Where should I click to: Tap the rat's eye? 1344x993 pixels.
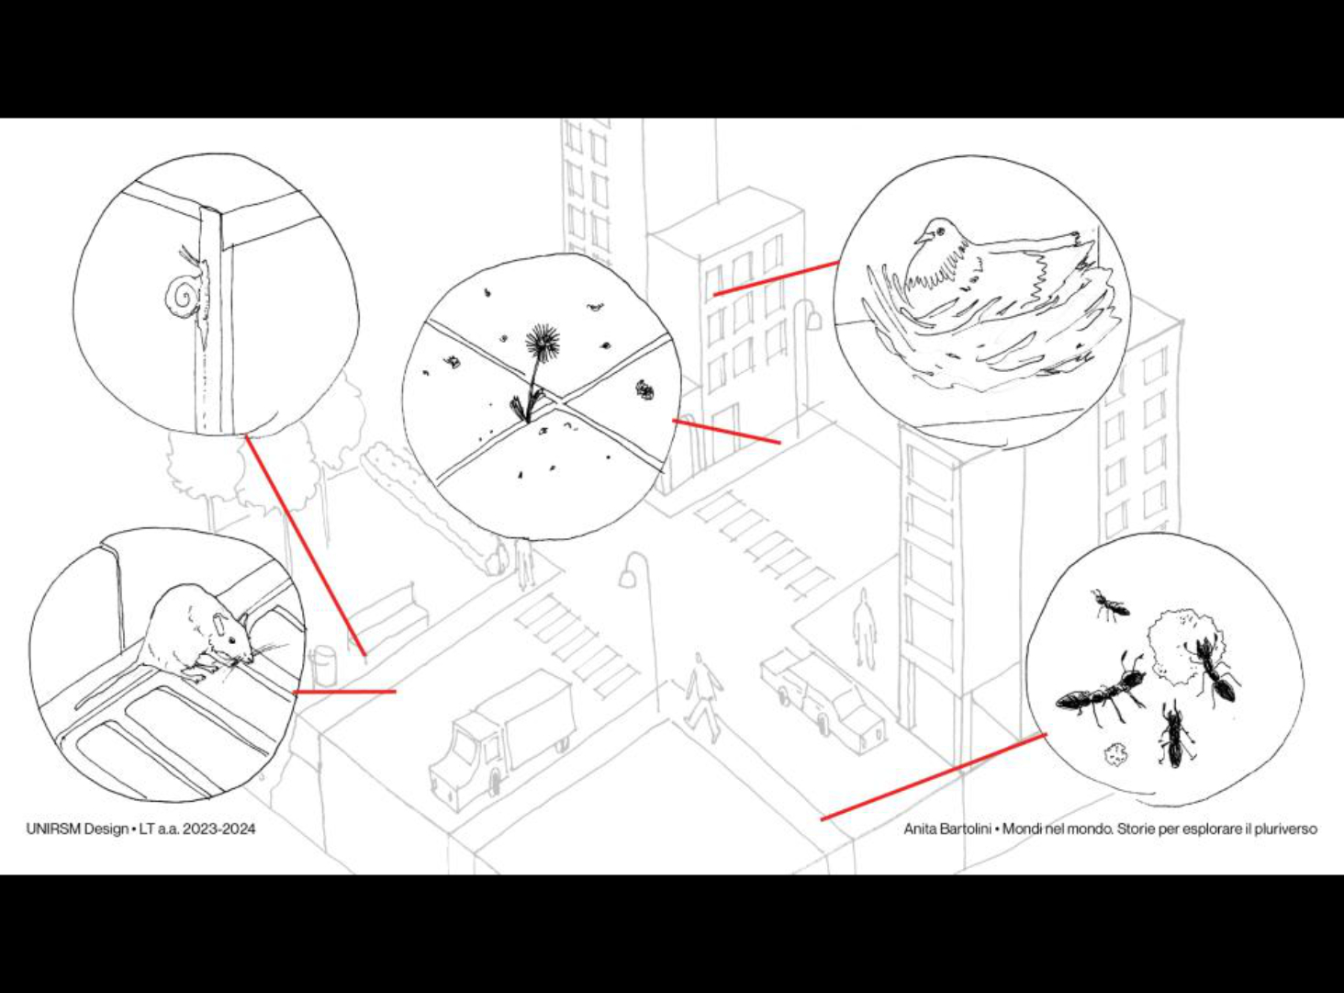click(232, 640)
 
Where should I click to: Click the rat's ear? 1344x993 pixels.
click(220, 623)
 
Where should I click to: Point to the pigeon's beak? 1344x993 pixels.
click(920, 237)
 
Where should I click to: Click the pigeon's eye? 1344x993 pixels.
click(941, 231)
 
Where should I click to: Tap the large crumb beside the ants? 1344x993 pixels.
click(1176, 648)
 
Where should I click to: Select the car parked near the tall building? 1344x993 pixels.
click(823, 697)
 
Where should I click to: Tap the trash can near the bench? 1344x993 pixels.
click(323, 665)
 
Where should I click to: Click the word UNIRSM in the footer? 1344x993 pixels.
click(54, 828)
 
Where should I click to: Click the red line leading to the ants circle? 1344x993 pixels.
click(934, 777)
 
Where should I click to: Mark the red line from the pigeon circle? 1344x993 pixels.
click(777, 278)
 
